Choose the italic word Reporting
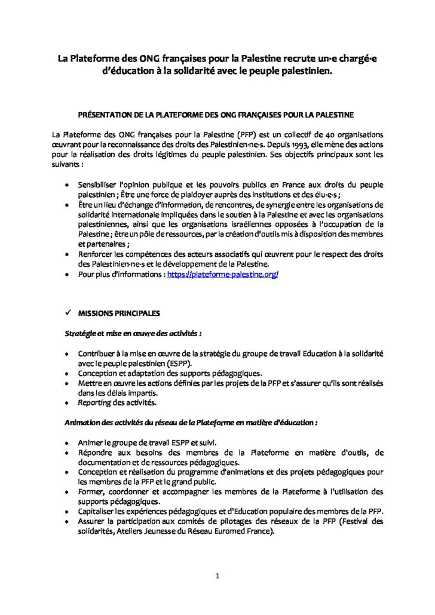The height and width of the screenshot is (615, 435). point(94,403)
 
